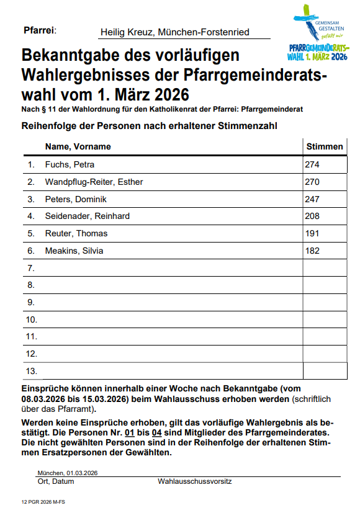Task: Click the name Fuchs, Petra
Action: point(70,165)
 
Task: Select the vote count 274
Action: point(312,165)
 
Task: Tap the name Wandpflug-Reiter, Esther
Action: point(94,182)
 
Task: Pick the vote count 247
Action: point(312,199)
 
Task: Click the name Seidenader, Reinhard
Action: point(87,216)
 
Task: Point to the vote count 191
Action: point(312,233)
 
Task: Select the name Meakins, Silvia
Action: point(74,251)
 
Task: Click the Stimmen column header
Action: point(324,147)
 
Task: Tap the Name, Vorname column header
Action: point(78,147)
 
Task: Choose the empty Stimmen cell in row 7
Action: point(324,268)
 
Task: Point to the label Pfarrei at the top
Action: point(39,30)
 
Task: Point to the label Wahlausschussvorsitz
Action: point(195,481)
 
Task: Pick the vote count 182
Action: point(312,251)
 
